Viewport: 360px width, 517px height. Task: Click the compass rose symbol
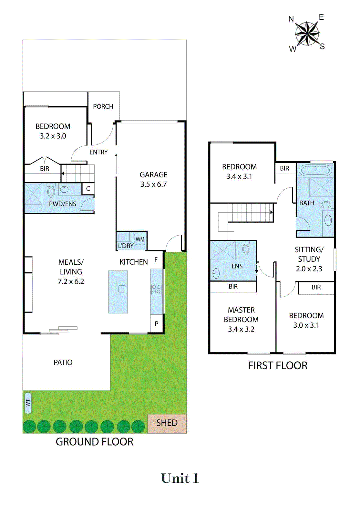(x=307, y=33)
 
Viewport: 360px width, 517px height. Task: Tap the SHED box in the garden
(x=167, y=423)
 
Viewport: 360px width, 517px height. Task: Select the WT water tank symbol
(x=28, y=403)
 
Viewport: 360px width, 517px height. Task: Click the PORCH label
(x=103, y=106)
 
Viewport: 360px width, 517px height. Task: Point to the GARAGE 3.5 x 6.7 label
(x=153, y=179)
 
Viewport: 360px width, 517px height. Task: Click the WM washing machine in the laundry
(x=140, y=239)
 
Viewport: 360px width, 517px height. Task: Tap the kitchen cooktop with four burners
(x=156, y=289)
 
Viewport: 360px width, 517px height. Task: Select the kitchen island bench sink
(x=121, y=289)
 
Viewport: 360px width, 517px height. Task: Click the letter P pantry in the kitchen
(x=157, y=323)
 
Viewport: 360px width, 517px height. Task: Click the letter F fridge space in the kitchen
(x=156, y=260)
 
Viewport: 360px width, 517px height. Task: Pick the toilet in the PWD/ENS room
(x=51, y=191)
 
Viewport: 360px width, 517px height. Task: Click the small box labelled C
(x=88, y=189)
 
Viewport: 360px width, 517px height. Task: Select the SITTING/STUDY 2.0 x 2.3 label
(x=309, y=259)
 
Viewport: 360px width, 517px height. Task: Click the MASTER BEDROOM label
(x=241, y=320)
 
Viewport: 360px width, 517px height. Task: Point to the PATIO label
(x=63, y=362)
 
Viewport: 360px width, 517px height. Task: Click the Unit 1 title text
(x=180, y=479)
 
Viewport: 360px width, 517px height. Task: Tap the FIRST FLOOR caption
(x=277, y=365)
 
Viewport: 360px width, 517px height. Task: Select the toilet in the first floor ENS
(x=246, y=248)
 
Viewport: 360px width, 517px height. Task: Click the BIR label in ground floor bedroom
(x=45, y=169)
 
